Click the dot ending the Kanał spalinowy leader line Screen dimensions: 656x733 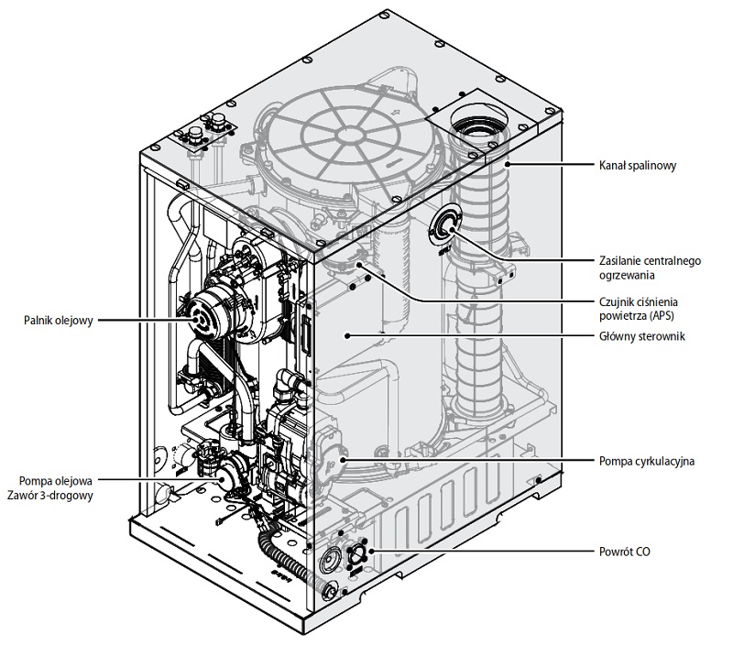point(502,165)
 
